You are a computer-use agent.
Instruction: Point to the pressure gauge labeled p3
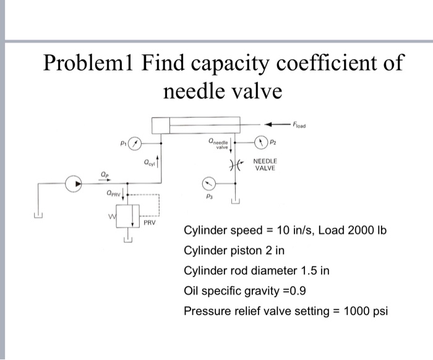pyautogui.click(x=210, y=183)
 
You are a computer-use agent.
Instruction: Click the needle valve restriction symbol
pyautogui.click(x=234, y=165)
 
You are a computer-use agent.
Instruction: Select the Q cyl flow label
pyautogui.click(x=149, y=164)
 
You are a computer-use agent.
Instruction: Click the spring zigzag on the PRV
pyautogui.click(x=113, y=216)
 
